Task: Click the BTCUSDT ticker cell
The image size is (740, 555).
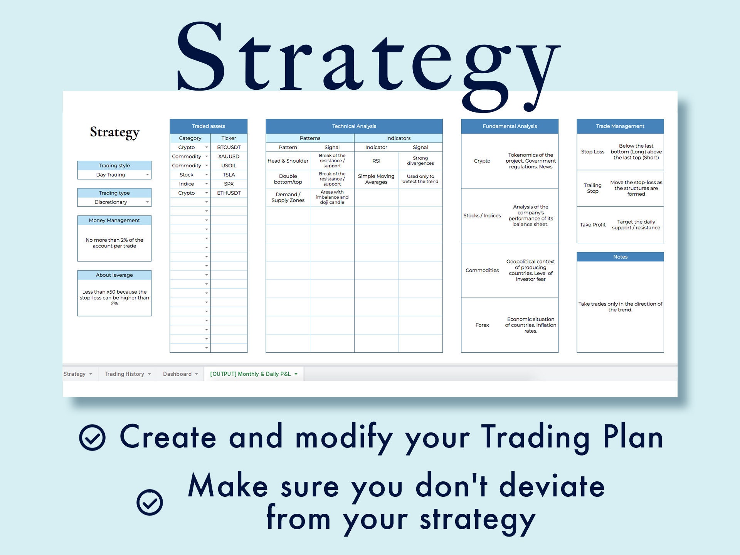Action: coord(229,147)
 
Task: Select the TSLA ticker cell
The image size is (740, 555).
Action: coord(229,175)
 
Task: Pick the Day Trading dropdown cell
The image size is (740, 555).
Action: coord(114,175)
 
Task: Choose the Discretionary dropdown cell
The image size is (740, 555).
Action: coord(114,202)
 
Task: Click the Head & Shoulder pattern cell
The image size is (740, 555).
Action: coord(288,161)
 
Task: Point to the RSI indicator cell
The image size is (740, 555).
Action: coord(376,161)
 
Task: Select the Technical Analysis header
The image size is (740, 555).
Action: coord(354,126)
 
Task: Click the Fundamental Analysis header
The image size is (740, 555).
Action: coord(510,126)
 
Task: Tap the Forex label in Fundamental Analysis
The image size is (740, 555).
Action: coord(482,325)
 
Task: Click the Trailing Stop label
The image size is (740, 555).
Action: coord(592,188)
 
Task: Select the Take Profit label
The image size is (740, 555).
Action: coord(592,225)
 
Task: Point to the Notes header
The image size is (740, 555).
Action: coord(620,257)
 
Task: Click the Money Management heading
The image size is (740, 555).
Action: coord(114,220)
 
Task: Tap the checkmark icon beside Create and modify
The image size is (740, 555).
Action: coord(92,437)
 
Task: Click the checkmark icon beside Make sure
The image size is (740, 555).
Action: coord(150,502)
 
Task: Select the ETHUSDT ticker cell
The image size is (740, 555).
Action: coord(229,193)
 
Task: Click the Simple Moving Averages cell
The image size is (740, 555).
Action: coord(376,179)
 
